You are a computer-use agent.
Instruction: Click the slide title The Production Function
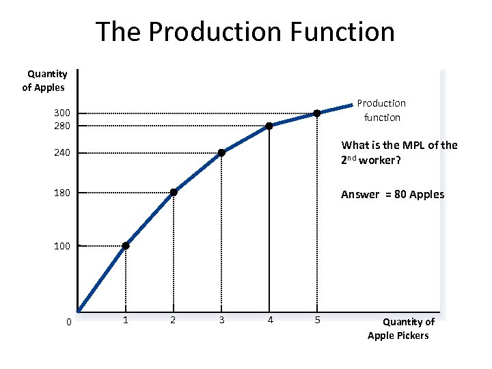[x=245, y=31]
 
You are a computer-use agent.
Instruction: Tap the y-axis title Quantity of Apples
[x=45, y=81]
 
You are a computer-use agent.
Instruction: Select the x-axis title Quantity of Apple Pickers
[x=400, y=328]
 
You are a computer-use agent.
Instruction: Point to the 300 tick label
[x=62, y=113]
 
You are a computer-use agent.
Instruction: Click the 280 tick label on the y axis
[x=62, y=126]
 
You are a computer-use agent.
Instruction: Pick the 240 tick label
[x=62, y=153]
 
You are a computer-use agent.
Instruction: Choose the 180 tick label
[x=62, y=193]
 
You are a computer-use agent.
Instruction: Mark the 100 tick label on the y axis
[x=62, y=246]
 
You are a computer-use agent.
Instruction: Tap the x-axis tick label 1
[x=125, y=320]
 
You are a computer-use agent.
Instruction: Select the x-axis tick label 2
[x=173, y=320]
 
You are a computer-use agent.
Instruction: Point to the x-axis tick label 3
[x=221, y=320]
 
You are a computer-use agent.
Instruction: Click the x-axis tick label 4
[x=271, y=320]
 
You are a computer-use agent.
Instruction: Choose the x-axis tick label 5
[x=317, y=320]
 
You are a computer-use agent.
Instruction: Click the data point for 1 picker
[x=126, y=246]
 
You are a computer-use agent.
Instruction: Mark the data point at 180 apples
[x=174, y=193]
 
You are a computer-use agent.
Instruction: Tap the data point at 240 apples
[x=221, y=153]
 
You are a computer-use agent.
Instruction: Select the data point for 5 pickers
[x=317, y=113]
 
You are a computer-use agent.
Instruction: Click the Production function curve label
[x=381, y=110]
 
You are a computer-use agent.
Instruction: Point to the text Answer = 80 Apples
[x=392, y=195]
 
